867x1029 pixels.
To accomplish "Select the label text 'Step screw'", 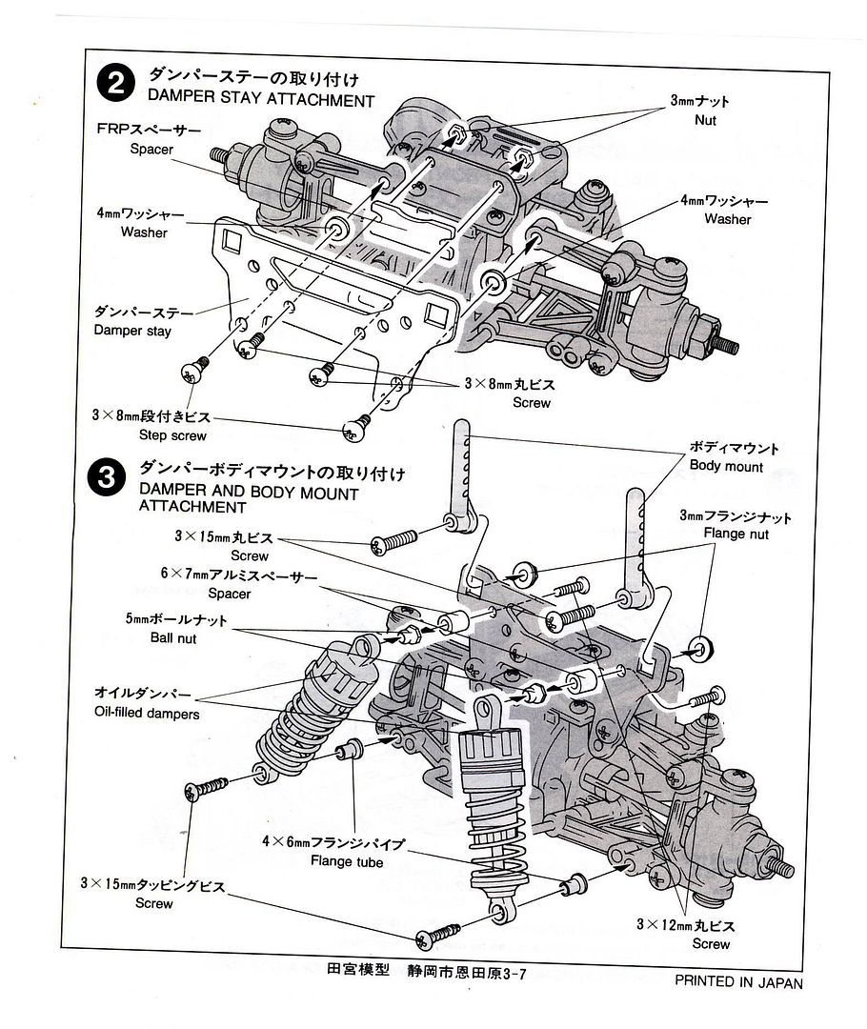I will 165,435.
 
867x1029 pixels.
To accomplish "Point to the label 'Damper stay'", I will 133,331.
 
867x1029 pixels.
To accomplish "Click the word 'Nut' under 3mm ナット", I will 705,120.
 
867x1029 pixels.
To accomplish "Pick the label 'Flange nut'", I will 736,535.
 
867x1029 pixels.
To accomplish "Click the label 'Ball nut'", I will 173,638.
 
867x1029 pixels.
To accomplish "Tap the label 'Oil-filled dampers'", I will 147,712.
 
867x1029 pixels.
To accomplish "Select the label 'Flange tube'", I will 347,862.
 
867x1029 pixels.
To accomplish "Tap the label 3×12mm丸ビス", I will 687,925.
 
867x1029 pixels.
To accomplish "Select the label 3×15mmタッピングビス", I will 152,885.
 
